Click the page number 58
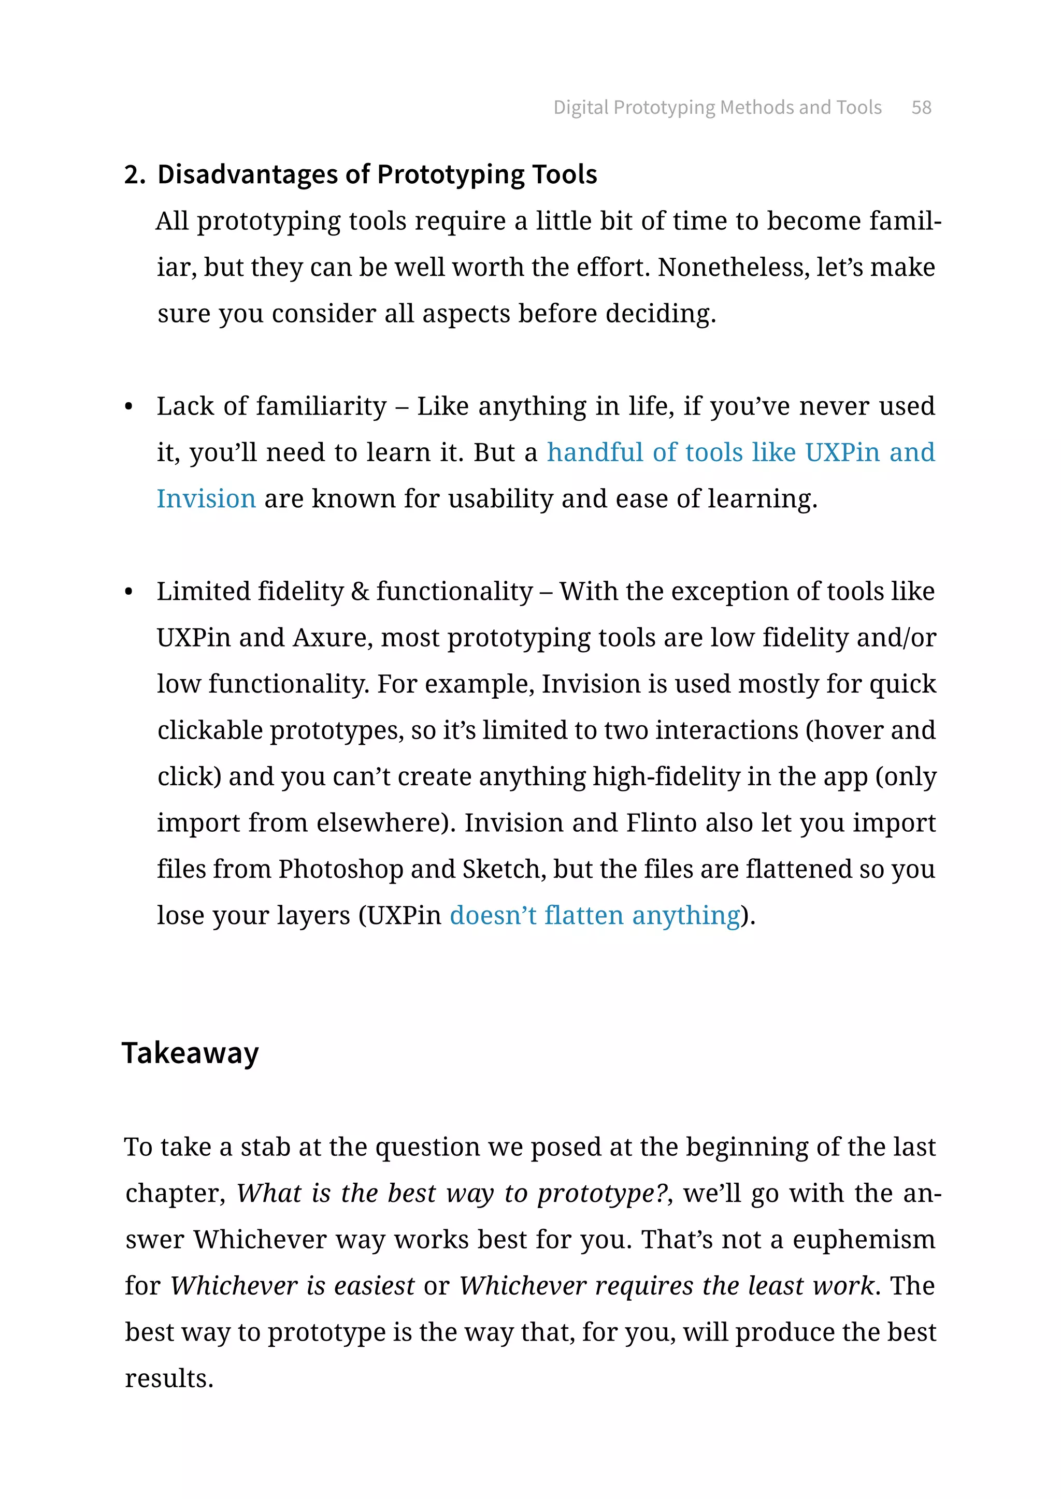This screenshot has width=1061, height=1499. pyautogui.click(x=921, y=107)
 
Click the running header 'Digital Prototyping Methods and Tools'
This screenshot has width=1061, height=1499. pyautogui.click(x=718, y=107)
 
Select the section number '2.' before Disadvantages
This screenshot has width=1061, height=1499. pyautogui.click(x=134, y=175)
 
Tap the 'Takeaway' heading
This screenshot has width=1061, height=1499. pyautogui.click(x=190, y=1053)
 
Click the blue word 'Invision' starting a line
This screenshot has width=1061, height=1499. pyautogui.click(x=206, y=499)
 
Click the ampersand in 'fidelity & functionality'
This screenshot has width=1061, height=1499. pyautogui.click(x=360, y=592)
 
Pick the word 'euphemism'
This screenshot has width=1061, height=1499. pyautogui.click(x=864, y=1239)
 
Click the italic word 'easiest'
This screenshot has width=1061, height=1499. pyautogui.click(x=374, y=1286)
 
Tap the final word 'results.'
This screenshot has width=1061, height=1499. pyautogui.click(x=169, y=1378)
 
